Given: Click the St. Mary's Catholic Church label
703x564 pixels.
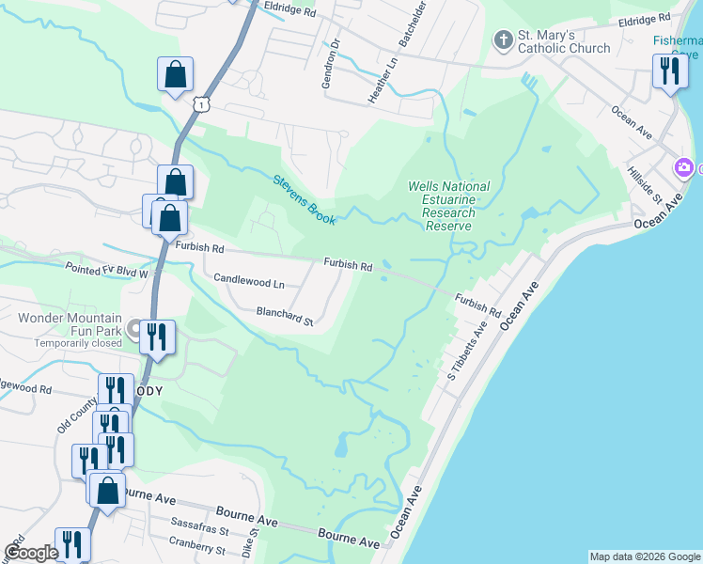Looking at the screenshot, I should pos(564,41).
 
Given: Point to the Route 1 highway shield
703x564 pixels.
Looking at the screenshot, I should pos(201,103).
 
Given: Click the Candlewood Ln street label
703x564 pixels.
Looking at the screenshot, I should pos(249,280).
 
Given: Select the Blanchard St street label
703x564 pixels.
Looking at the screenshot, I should pos(284,315).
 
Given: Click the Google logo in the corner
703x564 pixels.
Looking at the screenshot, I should pos(31,554).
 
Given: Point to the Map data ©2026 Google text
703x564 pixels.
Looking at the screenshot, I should pos(644,556).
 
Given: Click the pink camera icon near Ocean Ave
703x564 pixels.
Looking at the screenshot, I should pos(684,168).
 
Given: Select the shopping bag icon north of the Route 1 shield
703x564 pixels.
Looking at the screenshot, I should pos(175,74).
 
